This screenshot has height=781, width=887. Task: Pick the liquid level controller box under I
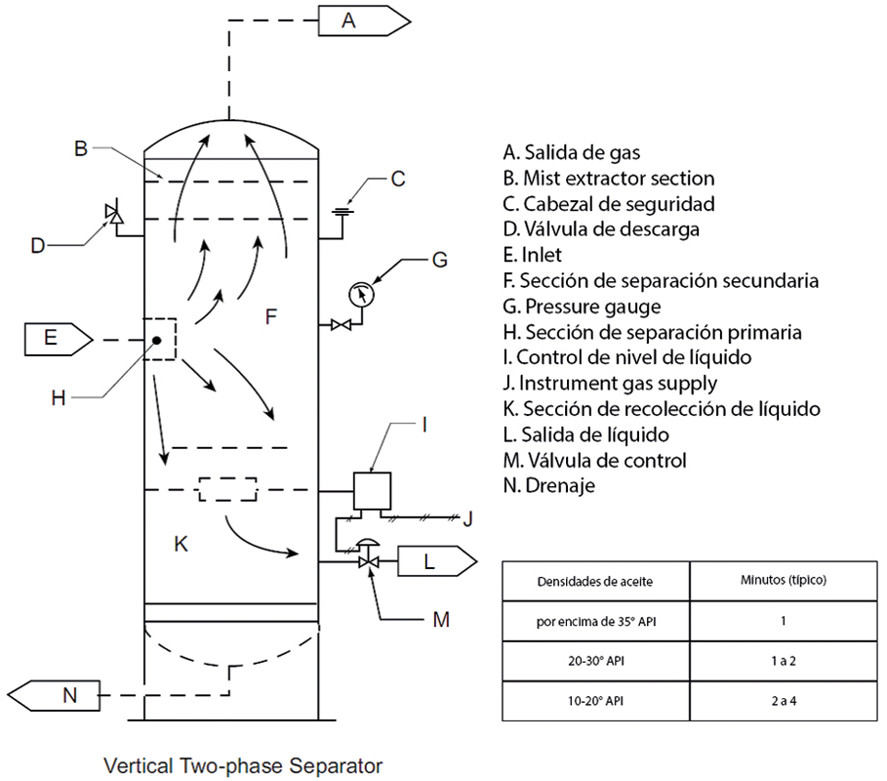371,489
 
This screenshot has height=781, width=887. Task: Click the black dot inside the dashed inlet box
156,340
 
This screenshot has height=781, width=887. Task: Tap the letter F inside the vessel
271,316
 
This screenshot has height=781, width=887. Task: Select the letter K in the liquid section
180,545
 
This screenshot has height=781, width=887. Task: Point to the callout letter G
439,260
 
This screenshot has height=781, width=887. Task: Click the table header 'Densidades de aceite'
595,581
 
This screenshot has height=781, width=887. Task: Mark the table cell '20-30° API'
595,661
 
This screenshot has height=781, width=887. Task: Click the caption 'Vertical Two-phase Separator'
244,765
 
